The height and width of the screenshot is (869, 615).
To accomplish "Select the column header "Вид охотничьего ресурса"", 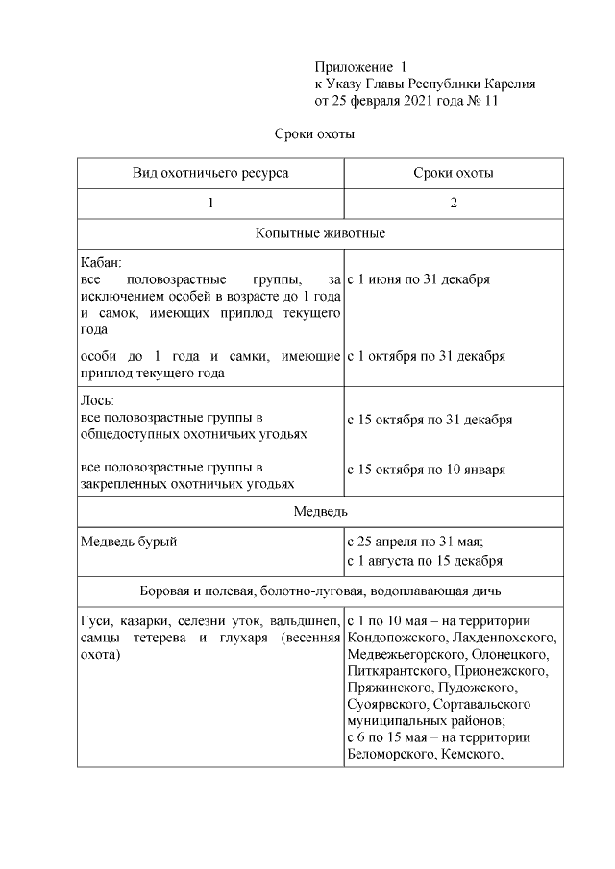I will (x=210, y=173).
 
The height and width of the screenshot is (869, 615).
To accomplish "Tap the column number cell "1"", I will (x=210, y=204).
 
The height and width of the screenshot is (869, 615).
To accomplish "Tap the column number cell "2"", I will (x=454, y=204).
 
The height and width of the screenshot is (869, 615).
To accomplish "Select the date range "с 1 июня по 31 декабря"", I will (x=418, y=279).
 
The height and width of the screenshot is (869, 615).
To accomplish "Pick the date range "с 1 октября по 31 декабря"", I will (x=426, y=356).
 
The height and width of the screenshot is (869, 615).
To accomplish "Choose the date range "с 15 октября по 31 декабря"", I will (x=429, y=420).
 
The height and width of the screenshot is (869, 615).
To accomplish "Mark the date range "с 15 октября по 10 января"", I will (x=426, y=470).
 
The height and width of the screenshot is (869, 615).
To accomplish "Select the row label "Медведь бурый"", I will (x=129, y=543).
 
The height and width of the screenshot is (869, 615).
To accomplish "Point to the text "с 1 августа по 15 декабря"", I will (x=425, y=561).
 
